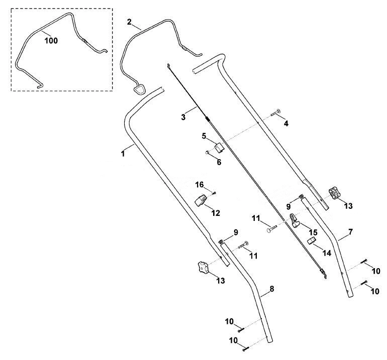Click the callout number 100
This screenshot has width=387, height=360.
point(51,41)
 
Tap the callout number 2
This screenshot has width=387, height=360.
point(129,22)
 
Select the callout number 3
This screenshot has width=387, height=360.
point(183,117)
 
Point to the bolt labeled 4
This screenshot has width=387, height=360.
point(276,112)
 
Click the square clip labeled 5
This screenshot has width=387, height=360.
point(219,148)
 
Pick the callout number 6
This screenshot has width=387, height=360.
point(219,162)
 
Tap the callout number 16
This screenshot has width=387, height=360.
point(200,184)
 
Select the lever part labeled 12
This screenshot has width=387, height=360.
point(201,200)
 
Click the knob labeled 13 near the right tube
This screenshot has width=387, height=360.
point(334,193)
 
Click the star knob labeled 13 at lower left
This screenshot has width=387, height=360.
point(203,268)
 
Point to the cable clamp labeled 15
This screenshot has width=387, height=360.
point(294,220)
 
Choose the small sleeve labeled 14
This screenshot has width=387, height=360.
point(312,241)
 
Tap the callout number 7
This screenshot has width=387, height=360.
point(351,232)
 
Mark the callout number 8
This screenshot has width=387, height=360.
point(272,289)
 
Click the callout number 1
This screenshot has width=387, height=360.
point(123,154)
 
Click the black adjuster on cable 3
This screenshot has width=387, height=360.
point(207,119)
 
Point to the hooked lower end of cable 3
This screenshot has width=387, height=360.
point(324,274)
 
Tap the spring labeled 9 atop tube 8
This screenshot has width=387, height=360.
point(221,242)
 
